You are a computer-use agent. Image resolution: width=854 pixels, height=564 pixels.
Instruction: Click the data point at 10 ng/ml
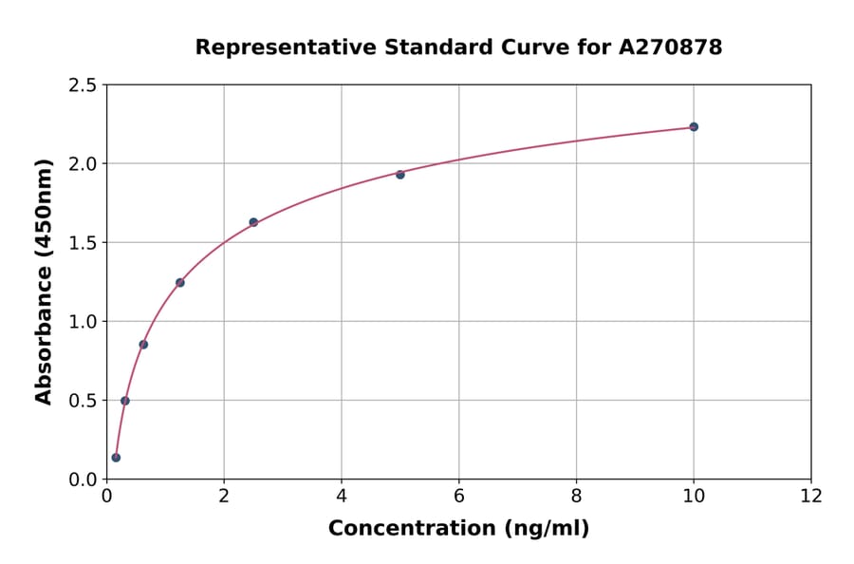click(x=694, y=126)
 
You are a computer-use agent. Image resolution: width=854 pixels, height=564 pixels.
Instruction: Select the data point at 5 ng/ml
click(x=400, y=175)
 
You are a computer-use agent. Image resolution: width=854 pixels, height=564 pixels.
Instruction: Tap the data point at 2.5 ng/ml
click(x=253, y=222)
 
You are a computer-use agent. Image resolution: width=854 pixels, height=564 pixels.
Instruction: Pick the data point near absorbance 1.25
click(x=180, y=282)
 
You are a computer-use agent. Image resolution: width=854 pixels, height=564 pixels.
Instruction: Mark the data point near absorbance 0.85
click(x=143, y=345)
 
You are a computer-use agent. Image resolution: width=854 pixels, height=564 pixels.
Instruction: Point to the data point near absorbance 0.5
click(x=125, y=401)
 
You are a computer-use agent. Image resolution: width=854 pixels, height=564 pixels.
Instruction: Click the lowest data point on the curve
click(x=116, y=458)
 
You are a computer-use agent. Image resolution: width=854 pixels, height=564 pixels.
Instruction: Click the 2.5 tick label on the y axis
click(x=83, y=85)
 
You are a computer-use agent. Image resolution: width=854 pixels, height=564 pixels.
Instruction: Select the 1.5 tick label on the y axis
click(x=83, y=243)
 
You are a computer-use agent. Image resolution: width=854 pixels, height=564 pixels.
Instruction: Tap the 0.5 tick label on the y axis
click(x=83, y=401)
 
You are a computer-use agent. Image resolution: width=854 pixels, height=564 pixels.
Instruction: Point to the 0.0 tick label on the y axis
click(x=83, y=479)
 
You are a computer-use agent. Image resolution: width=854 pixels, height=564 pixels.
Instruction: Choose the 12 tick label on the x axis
click(x=811, y=496)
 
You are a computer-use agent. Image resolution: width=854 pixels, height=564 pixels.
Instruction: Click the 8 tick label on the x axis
click(x=576, y=496)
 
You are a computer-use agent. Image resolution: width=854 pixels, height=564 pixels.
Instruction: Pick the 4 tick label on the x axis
click(x=342, y=496)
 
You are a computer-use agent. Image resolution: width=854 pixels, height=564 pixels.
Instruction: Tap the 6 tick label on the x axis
click(x=459, y=496)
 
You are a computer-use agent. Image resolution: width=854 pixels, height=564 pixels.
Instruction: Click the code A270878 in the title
click(x=671, y=47)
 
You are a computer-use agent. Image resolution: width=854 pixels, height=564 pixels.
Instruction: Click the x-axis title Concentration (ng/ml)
click(x=458, y=529)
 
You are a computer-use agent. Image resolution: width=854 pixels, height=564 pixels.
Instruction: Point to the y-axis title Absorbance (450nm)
click(x=45, y=282)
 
